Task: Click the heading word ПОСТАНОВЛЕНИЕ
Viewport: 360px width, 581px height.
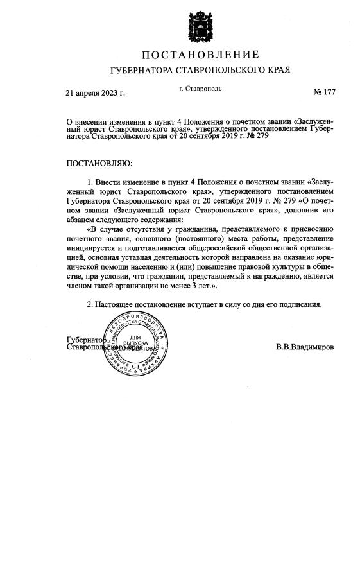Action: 200,55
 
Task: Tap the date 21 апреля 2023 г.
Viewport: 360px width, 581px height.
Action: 96,93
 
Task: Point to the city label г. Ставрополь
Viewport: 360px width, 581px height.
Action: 201,88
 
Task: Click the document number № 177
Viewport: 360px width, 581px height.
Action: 324,92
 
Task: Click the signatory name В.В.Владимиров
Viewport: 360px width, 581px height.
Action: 305,347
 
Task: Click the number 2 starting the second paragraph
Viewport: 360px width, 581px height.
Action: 90,304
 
